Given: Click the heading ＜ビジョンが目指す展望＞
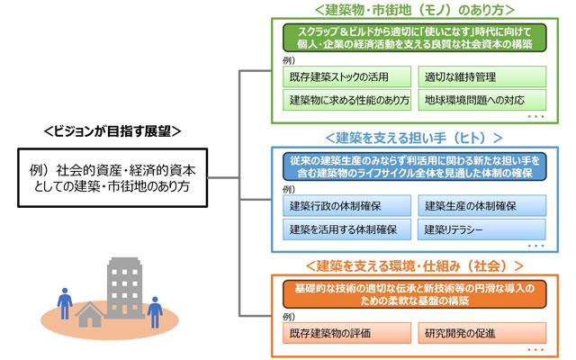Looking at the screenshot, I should pyautogui.click(x=112, y=131).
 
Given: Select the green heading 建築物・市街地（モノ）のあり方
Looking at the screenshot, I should pyautogui.click(x=409, y=10).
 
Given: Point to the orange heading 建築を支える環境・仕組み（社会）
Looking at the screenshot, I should pyautogui.click(x=409, y=267).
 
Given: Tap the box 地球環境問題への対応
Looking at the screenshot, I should pyautogui.click(x=480, y=99).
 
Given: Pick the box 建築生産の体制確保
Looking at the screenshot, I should pyautogui.click(x=480, y=206).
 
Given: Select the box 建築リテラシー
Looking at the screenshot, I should pyautogui.click(x=480, y=229).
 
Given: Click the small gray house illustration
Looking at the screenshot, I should pyautogui.click(x=91, y=314).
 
